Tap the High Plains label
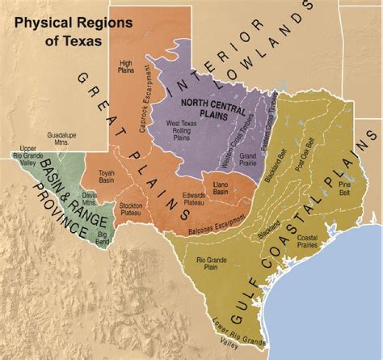tap(126, 67)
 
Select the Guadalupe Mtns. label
tap(62, 139)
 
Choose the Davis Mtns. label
tap(89, 199)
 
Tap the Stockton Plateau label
tap(130, 209)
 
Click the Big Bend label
tap(102, 238)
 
